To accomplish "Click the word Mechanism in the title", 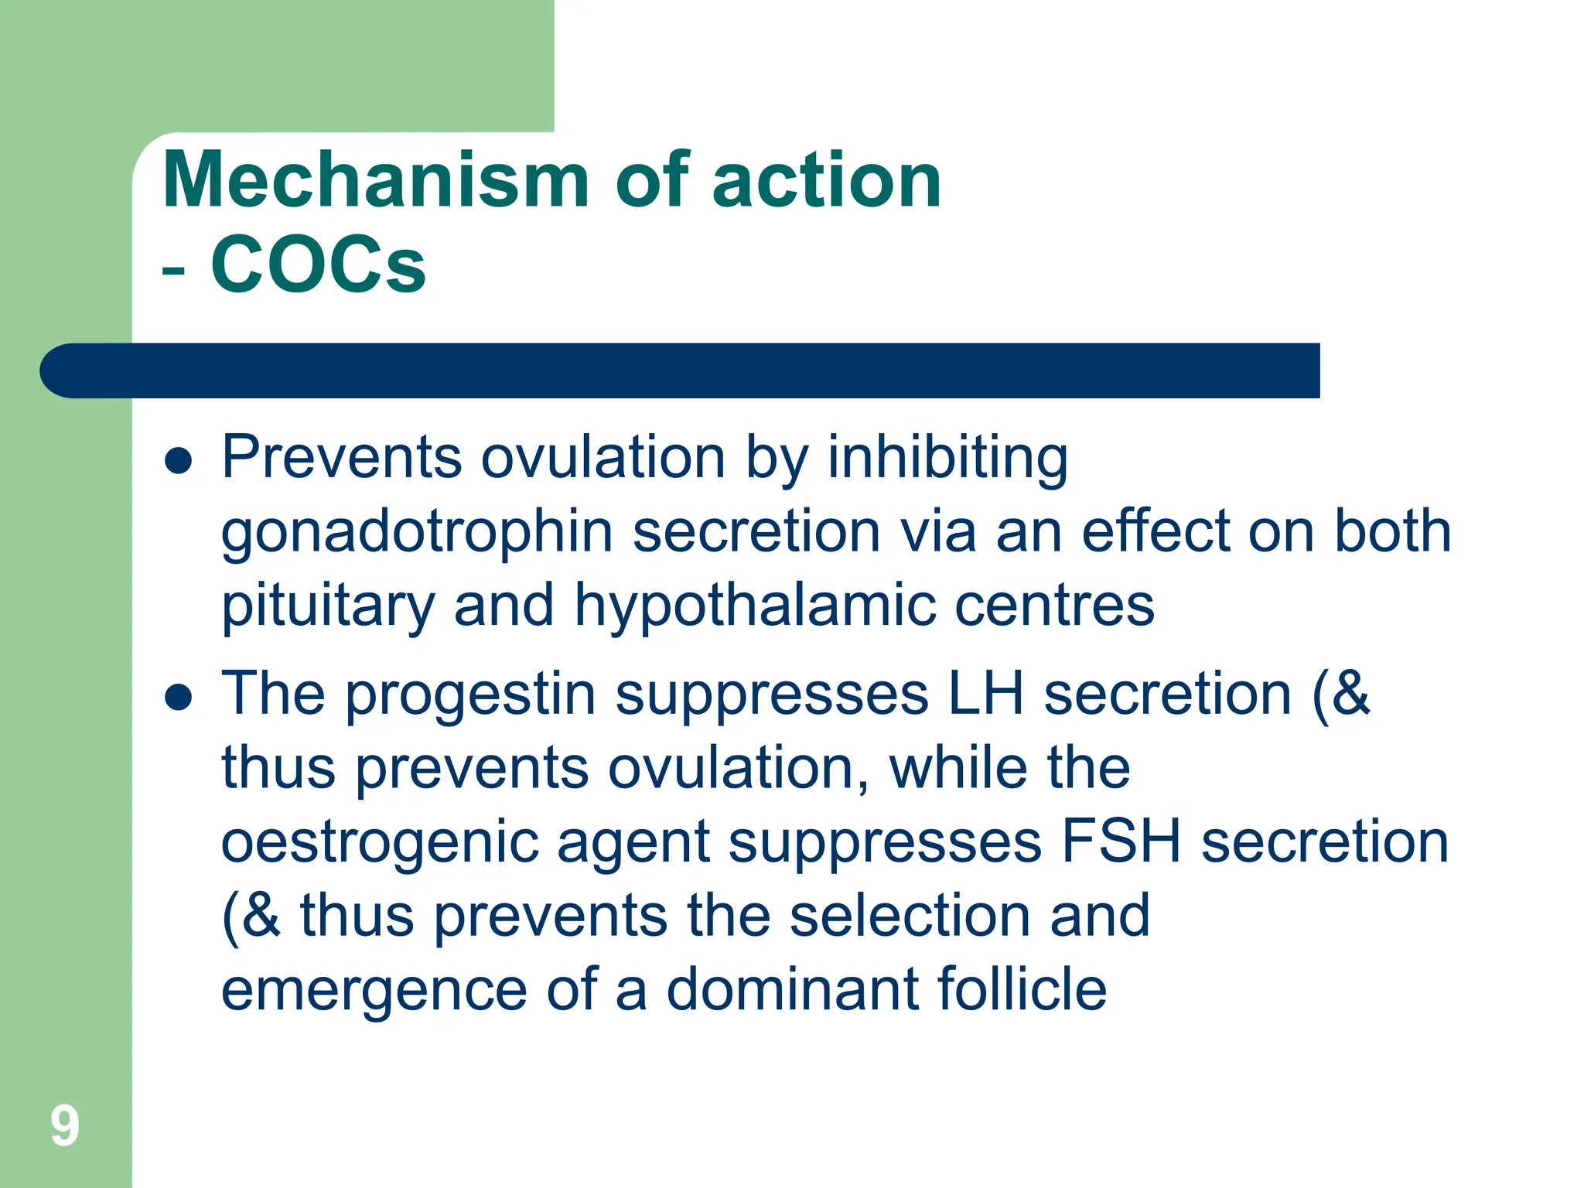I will coord(376,180).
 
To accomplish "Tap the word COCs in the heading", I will coord(318,265).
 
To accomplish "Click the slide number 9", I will coord(65,1126).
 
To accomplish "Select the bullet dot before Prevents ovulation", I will coord(179,462).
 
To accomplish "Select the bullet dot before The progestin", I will coord(179,698).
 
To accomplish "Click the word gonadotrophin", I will coord(417,534).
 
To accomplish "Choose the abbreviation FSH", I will coord(1121,841).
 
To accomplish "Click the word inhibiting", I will coord(947,458).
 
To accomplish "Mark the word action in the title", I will coord(826,180).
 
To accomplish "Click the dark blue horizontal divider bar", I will coord(681,370).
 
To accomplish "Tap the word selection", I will coord(910,916).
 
